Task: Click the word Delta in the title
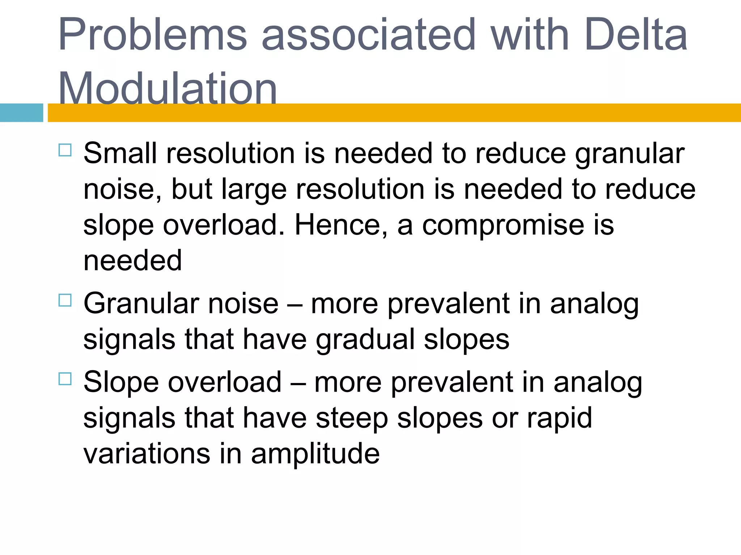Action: click(x=635, y=35)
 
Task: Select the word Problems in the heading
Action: click(x=152, y=35)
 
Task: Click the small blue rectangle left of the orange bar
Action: click(x=21, y=113)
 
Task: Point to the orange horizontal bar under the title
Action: click(x=394, y=113)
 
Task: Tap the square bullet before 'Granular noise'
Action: click(x=65, y=300)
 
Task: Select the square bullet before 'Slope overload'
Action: click(x=65, y=379)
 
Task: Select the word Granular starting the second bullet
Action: click(x=141, y=304)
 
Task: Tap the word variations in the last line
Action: click(x=147, y=454)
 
